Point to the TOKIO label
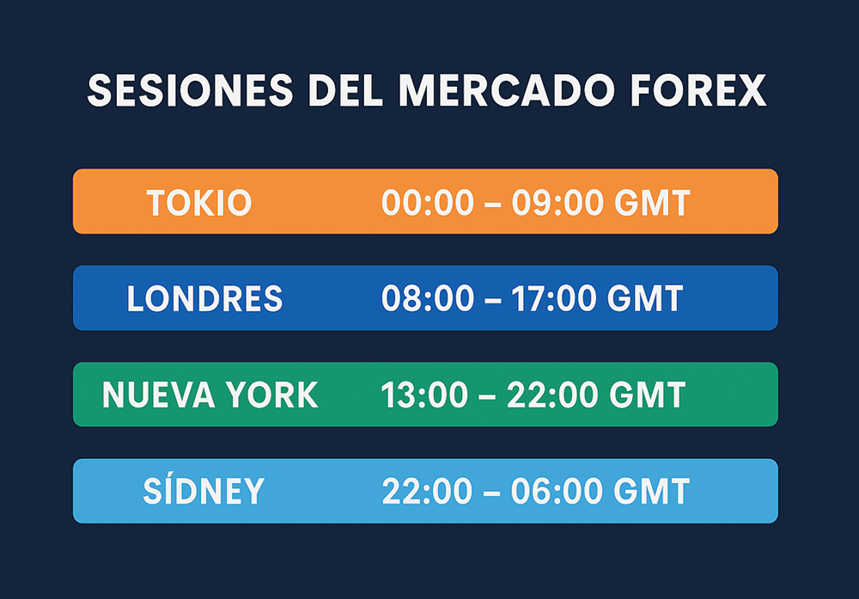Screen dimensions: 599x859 [x=198, y=204]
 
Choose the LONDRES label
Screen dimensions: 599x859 [x=204, y=299]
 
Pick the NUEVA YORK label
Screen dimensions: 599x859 [x=210, y=395]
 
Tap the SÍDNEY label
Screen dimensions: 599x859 [x=204, y=492]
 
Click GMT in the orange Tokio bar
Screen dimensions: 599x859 [x=653, y=204]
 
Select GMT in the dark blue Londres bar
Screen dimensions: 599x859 [x=646, y=299]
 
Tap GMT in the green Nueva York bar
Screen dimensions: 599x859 [x=648, y=395]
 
